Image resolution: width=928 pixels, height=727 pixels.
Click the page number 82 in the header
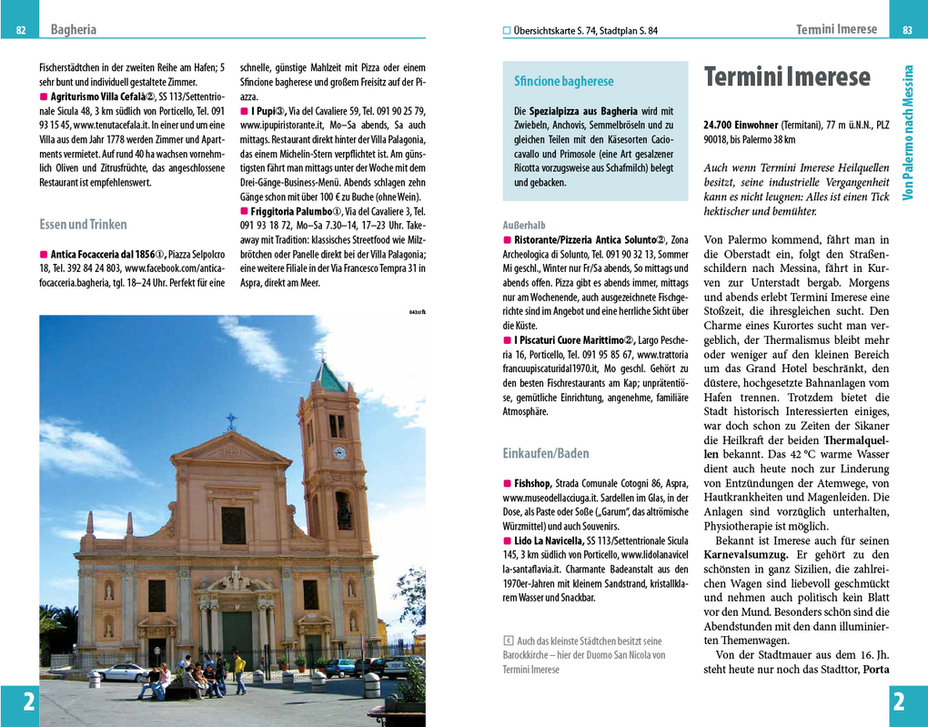(21, 31)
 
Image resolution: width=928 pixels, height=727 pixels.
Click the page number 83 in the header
(907, 31)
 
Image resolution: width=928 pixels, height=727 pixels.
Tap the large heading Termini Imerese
(787, 77)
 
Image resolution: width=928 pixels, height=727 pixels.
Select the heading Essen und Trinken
(83, 224)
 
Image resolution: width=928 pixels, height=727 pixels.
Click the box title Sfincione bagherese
(564, 82)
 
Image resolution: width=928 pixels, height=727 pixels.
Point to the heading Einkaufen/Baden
(546, 453)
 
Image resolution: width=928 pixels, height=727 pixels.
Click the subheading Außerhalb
(524, 225)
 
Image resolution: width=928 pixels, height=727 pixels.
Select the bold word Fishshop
(532, 483)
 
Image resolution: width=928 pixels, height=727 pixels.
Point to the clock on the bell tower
(339, 453)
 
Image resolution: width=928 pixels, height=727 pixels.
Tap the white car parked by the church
(121, 671)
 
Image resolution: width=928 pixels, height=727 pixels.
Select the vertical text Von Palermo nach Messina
(907, 133)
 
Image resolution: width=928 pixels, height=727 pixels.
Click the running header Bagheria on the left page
(74, 30)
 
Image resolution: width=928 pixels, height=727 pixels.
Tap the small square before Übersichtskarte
(508, 31)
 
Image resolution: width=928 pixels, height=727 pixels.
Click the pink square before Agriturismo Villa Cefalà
(44, 96)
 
